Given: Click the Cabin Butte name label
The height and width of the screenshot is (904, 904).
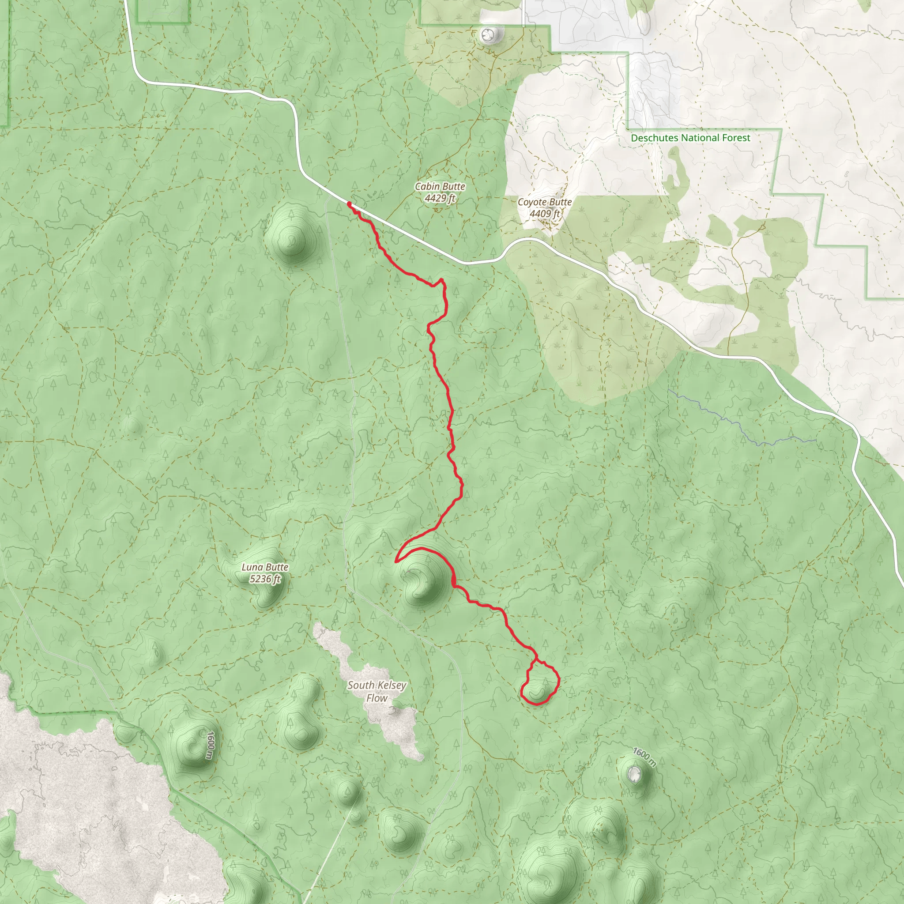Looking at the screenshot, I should click(x=440, y=186).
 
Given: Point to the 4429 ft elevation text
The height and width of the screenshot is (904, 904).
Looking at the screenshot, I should click(x=440, y=198).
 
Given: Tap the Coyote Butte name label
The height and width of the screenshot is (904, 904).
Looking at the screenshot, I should click(x=544, y=202).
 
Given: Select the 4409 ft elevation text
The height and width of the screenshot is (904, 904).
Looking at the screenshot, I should click(x=544, y=214).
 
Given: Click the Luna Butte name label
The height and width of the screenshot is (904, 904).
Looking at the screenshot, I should click(x=265, y=567).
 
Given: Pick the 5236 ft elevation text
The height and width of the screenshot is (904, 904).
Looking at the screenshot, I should click(x=265, y=579).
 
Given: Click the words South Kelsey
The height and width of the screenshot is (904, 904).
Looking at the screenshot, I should click(x=377, y=685).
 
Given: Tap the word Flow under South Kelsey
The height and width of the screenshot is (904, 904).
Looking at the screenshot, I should click(x=377, y=698).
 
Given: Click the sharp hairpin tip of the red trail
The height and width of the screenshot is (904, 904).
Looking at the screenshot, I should click(x=396, y=561).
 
